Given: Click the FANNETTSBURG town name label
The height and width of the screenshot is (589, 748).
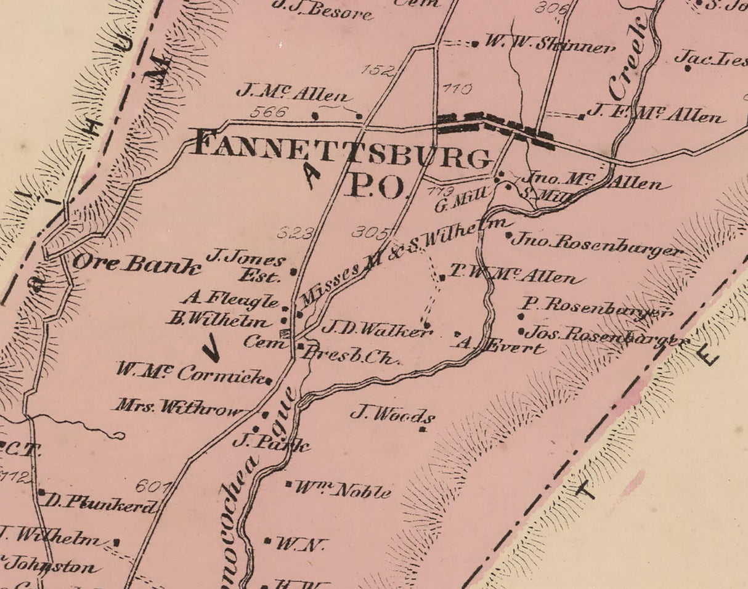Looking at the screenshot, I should [342, 150].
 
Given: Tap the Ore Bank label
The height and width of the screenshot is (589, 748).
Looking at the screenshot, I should [137, 264].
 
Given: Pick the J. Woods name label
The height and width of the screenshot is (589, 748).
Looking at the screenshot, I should [392, 414].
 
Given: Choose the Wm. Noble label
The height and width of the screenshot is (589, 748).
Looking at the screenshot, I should [342, 490].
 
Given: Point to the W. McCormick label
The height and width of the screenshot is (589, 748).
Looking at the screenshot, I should [190, 373].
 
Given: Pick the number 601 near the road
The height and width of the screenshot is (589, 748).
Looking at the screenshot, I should [152, 485].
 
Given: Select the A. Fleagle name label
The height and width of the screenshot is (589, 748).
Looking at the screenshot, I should [230, 300].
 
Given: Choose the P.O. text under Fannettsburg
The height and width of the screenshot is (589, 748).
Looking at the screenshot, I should [376, 185].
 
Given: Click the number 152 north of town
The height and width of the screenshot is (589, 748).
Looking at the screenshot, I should [376, 70].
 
